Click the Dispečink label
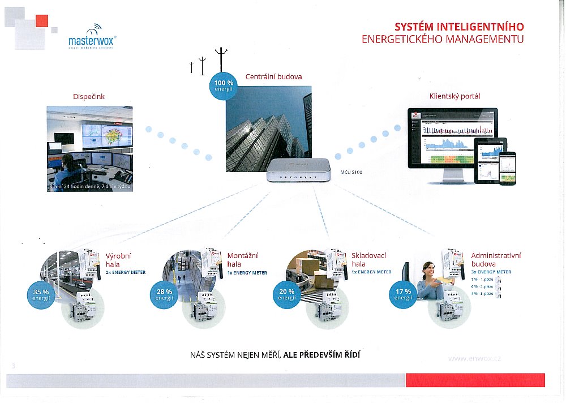89,97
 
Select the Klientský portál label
454,96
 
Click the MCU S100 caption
351,171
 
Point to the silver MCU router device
298,170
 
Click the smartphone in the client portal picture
509,168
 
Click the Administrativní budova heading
496,260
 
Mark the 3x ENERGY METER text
491,272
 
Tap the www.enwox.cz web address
474,358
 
